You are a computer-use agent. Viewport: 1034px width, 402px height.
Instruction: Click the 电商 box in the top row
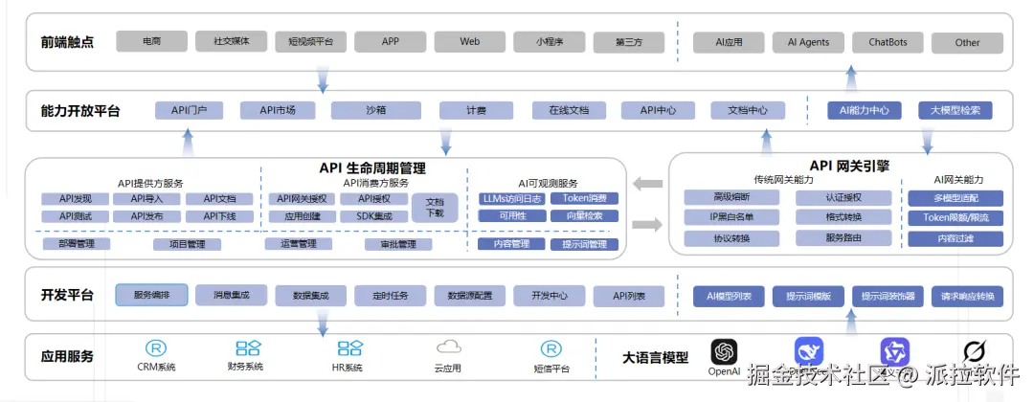click(x=151, y=42)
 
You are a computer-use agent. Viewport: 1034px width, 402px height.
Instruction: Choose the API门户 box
click(x=189, y=110)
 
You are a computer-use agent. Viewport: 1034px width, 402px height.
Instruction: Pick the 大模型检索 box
click(x=955, y=110)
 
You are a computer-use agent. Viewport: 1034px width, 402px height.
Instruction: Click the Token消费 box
click(x=584, y=199)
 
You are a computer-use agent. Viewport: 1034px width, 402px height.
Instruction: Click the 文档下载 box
click(x=435, y=208)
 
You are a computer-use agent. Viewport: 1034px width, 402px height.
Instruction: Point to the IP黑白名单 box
click(x=731, y=217)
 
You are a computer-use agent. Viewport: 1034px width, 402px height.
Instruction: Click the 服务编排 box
click(x=151, y=295)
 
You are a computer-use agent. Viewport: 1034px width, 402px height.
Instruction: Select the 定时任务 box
click(x=390, y=296)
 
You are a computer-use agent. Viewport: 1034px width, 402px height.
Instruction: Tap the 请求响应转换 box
click(x=970, y=296)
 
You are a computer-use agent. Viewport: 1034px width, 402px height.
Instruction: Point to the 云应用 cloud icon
click(x=448, y=348)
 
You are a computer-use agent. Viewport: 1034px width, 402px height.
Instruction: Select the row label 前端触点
click(x=67, y=42)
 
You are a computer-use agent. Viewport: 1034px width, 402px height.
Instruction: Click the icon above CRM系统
click(x=155, y=348)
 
